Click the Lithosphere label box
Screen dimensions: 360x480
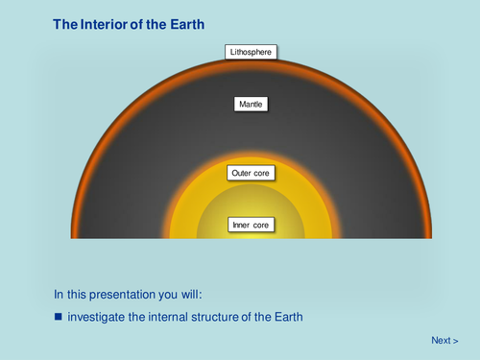click(252, 52)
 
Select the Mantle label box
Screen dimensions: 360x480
click(252, 104)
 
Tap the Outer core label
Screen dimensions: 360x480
click(252, 174)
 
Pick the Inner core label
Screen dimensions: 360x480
click(252, 226)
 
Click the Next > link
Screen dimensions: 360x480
click(444, 340)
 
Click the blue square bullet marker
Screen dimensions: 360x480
click(58, 315)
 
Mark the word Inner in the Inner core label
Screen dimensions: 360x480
click(242, 226)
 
